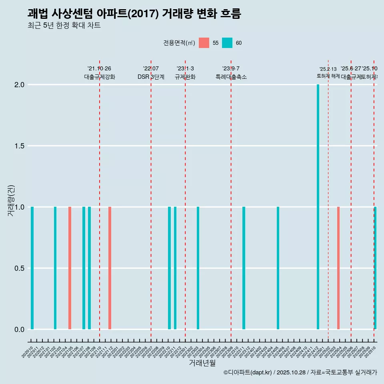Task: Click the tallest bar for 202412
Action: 318,207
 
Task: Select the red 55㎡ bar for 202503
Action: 338,268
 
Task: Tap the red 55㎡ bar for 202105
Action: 70,268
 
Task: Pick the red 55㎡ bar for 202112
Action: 110,268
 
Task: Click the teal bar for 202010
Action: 32,268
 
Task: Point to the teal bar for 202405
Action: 278,268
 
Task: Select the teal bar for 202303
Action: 198,268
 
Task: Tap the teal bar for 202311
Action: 244,268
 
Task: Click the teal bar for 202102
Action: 55,268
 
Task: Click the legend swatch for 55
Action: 204,43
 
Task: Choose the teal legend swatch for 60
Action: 227,43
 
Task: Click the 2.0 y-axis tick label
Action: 19,85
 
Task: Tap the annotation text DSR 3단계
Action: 151,77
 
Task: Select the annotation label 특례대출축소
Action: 231,77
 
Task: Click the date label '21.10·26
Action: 99,68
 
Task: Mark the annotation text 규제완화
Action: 185,77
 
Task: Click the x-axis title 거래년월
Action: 202,363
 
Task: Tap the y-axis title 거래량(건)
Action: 11,200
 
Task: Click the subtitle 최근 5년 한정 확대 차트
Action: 64,26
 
